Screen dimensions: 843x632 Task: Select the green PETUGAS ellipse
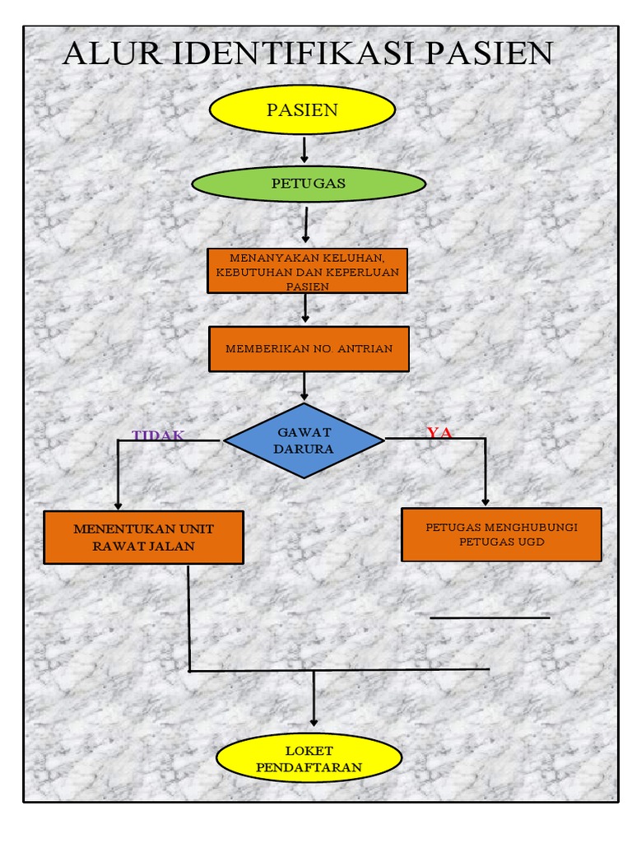[309, 184]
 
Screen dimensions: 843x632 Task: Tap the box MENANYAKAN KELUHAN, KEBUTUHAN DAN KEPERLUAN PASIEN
[307, 271]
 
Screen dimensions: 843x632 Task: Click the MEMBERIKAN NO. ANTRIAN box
[309, 348]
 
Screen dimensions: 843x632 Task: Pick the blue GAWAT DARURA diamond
[304, 441]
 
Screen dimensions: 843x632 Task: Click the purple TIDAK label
[158, 435]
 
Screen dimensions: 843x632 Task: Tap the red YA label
[439, 433]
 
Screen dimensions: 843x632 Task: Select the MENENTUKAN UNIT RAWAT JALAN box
[143, 538]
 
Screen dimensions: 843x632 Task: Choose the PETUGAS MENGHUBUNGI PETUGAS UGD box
[501, 534]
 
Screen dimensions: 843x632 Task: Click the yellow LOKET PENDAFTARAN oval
[309, 758]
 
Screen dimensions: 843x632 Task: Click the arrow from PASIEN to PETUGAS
[304, 150]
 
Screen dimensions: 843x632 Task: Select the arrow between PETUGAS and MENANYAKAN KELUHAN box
[305, 225]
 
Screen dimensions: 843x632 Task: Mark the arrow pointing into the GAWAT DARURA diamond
[304, 387]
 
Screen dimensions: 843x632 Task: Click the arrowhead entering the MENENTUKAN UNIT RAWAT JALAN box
[118, 504]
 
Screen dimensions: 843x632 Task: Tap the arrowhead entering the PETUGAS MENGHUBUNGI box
[485, 499]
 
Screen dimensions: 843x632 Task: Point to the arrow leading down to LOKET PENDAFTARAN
[314, 700]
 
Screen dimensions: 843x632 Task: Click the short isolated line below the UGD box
[490, 617]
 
